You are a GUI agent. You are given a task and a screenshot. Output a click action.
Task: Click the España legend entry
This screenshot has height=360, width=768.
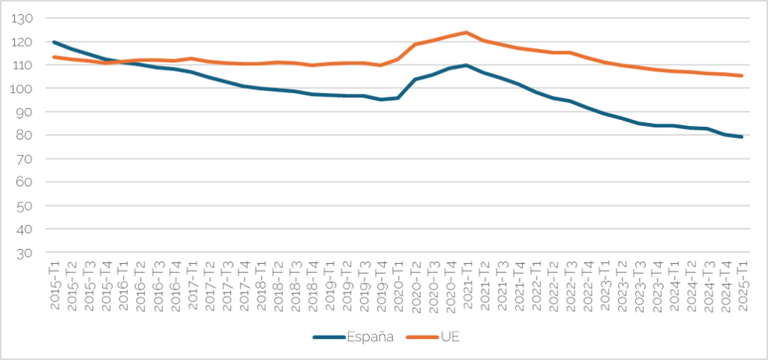coord(369,337)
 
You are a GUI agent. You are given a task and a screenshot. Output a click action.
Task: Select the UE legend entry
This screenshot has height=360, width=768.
coord(448,337)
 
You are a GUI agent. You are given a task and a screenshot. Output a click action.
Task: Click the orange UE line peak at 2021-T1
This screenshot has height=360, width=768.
coord(466,32)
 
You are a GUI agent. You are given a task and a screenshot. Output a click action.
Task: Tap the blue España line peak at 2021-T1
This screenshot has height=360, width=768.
coord(466,65)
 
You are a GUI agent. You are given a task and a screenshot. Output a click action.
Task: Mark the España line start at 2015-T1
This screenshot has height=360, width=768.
coord(54,42)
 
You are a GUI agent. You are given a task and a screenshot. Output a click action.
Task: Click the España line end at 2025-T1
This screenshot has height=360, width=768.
coord(742,136)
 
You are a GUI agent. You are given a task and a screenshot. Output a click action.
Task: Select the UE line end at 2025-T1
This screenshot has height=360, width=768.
coord(742,76)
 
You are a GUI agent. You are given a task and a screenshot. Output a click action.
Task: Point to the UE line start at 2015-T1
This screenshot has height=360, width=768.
coord(54,57)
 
